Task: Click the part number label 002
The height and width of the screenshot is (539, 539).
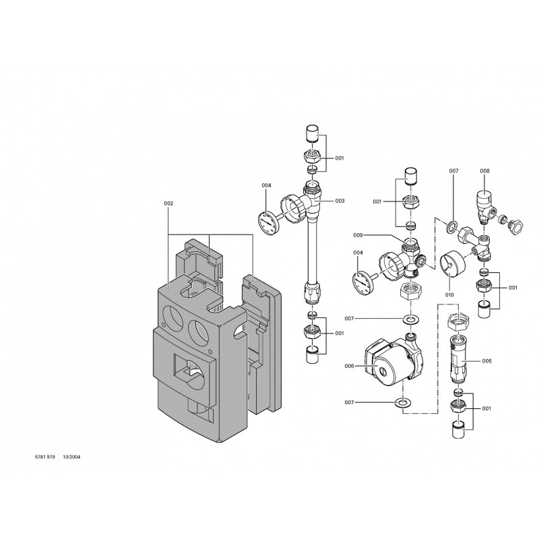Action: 168,203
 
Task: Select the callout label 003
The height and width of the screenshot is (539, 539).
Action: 340,201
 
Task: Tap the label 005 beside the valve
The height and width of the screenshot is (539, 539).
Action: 486,361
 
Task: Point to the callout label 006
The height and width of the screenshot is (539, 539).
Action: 349,366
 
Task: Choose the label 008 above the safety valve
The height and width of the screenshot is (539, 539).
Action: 484,171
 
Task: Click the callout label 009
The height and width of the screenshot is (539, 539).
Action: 358,235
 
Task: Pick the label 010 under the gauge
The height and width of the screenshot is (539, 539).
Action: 449,294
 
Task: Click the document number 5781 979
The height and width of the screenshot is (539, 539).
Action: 45,457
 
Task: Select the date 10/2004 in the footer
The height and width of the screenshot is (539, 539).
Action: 71,457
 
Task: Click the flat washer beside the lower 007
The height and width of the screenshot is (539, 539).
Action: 402,402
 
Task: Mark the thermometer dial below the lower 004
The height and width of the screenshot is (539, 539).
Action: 363,280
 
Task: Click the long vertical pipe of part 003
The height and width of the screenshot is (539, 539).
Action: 312,251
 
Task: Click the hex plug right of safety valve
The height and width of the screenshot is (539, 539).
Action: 516,228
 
